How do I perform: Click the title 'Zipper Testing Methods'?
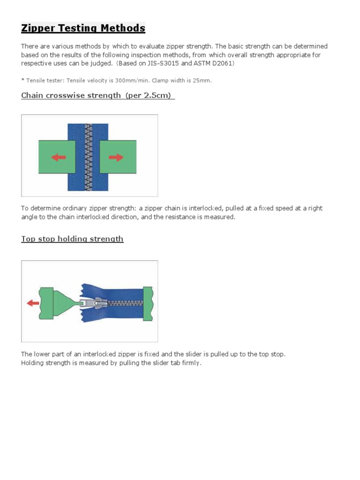coord(83,29)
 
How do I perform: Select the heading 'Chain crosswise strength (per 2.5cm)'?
coord(97,96)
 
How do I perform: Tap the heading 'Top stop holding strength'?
coord(72,239)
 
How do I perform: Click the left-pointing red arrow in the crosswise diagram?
coord(59,157)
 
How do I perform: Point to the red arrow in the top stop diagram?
coord(33,303)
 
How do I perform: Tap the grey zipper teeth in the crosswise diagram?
coord(87,157)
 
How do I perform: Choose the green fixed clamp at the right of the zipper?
coord(148,303)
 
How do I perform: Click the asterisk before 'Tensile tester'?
coord(22,81)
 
